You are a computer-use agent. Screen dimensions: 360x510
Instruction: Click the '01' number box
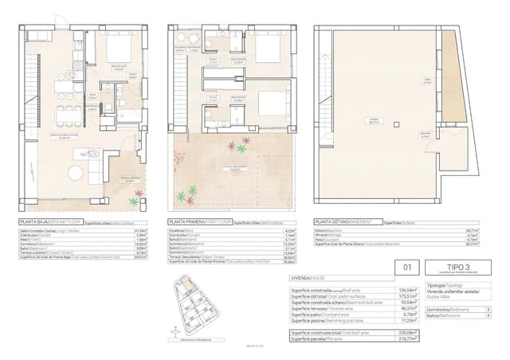(x=407, y=270)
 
